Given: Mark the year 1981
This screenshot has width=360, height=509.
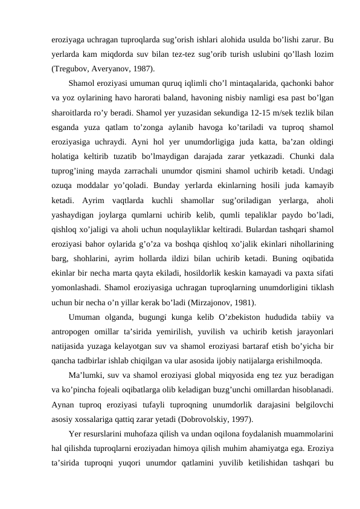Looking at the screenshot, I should coord(242,303).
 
